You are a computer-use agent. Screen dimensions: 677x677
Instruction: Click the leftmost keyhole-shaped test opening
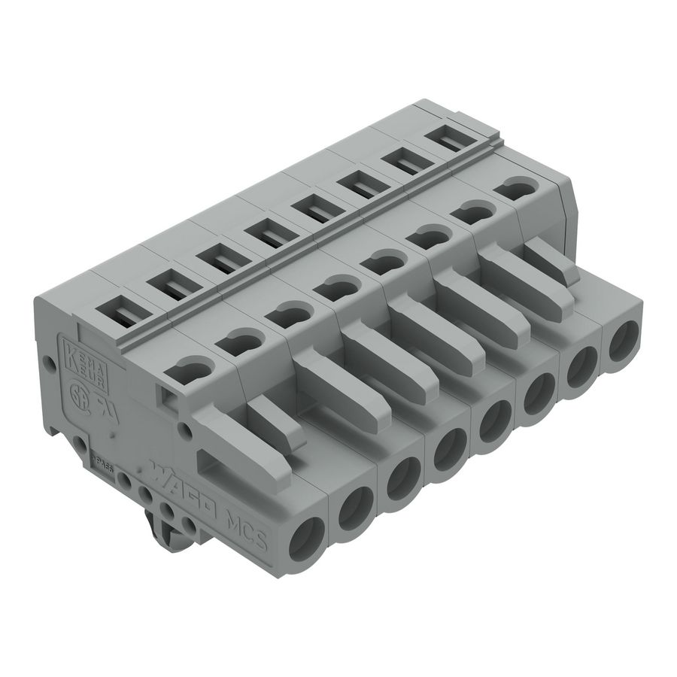[x=195, y=369]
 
